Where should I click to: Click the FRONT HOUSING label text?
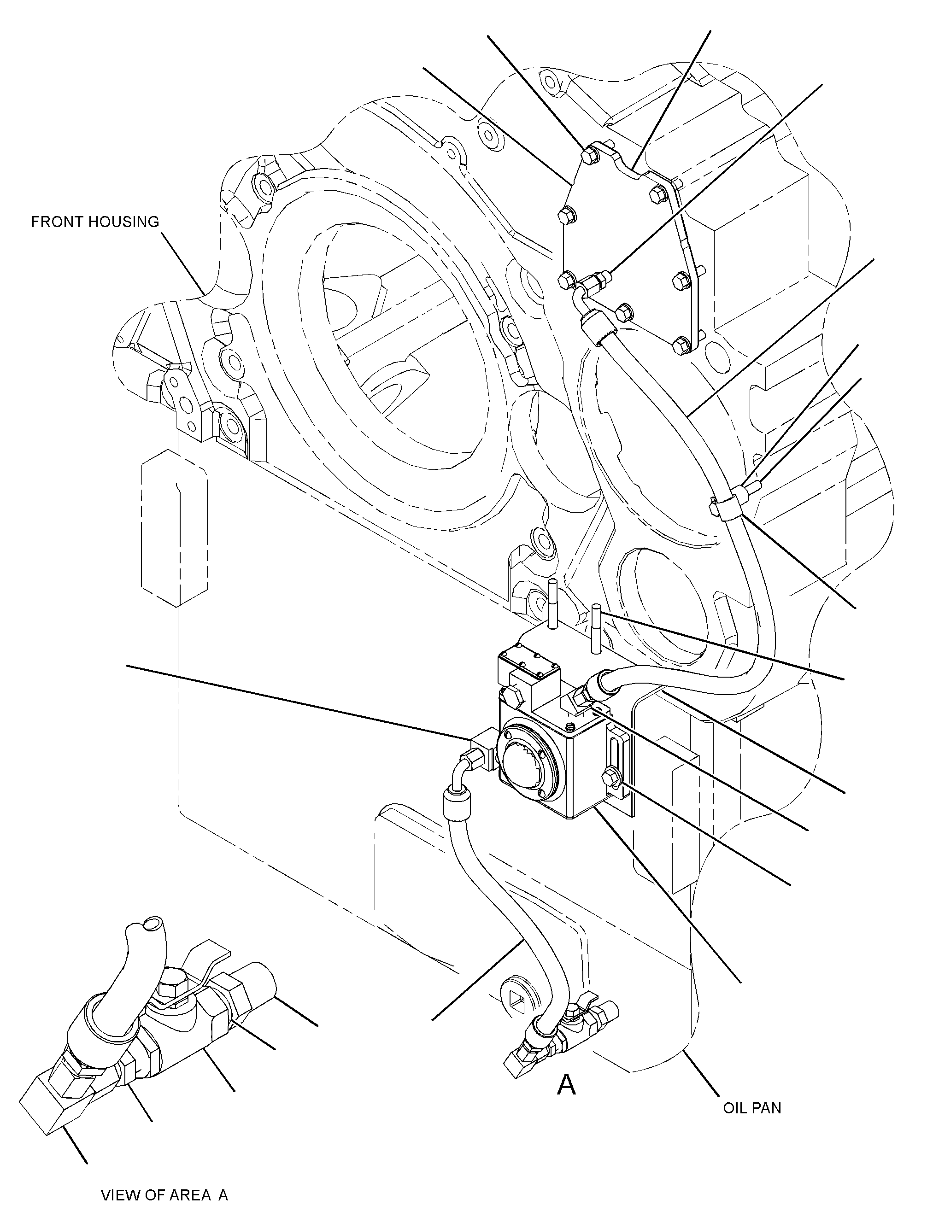(95, 222)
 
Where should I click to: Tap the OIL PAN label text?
(752, 1108)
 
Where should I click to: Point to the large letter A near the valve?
(566, 1084)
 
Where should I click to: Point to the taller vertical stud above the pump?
(552, 604)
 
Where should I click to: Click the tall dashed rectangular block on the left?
(175, 527)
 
